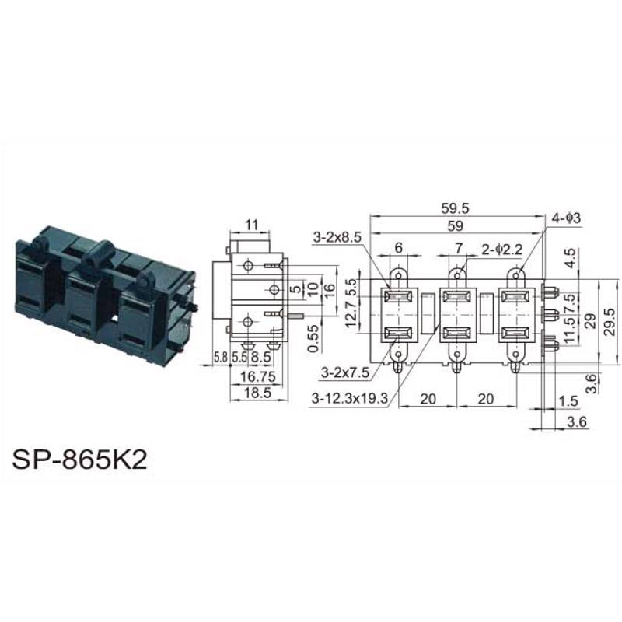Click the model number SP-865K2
(x=79, y=460)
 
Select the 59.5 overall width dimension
(x=455, y=208)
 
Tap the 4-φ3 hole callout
(x=566, y=218)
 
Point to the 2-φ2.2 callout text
(x=502, y=250)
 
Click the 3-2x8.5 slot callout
(x=337, y=237)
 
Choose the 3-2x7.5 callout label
(x=345, y=372)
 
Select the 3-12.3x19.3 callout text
(x=349, y=398)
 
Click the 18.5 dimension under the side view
(x=257, y=393)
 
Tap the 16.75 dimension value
(x=258, y=376)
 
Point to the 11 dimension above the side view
(x=251, y=225)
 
